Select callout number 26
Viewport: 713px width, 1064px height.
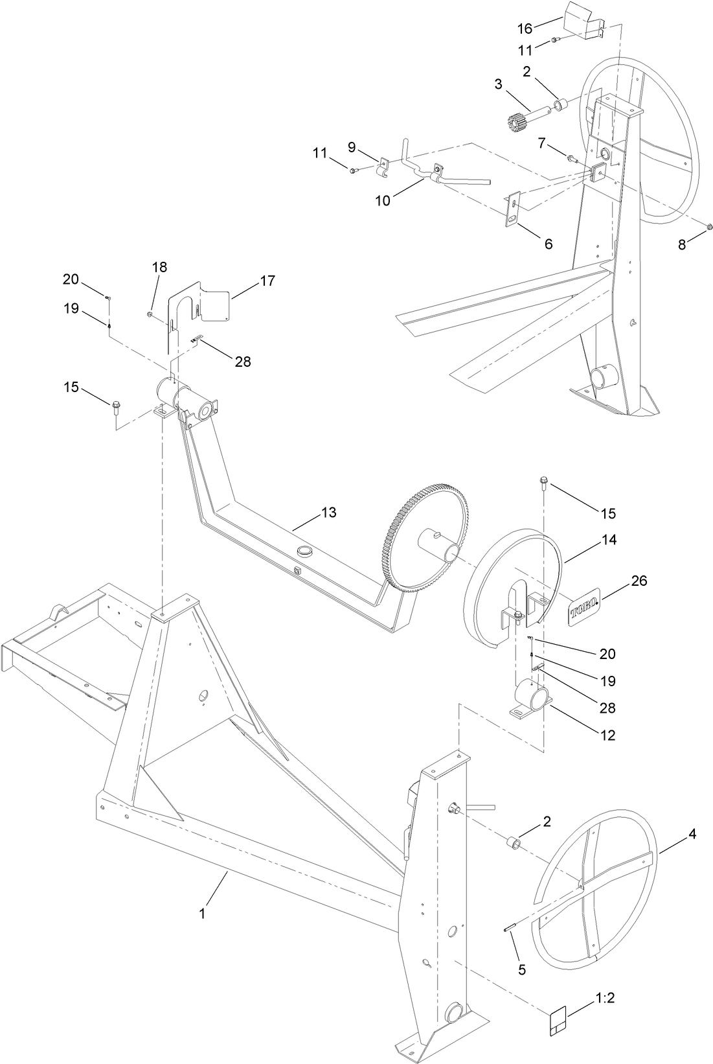point(639,581)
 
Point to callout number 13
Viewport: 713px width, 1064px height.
point(328,513)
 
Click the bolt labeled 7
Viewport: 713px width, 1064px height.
point(570,157)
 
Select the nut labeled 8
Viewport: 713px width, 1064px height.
point(708,226)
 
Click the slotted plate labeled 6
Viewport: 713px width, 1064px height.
point(514,209)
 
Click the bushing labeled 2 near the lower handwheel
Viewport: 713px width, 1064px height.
point(515,843)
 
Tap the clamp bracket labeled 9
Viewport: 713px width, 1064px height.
point(383,167)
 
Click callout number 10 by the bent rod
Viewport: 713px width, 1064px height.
point(383,200)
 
